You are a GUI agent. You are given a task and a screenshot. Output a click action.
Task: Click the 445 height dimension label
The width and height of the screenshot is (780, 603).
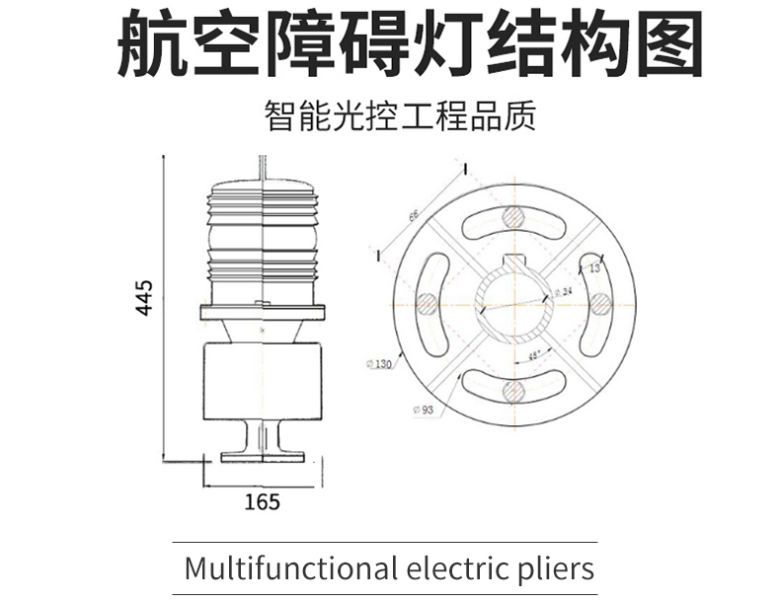pyautogui.click(x=144, y=297)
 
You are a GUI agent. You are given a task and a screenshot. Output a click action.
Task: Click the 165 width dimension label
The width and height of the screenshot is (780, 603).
pyautogui.click(x=262, y=501)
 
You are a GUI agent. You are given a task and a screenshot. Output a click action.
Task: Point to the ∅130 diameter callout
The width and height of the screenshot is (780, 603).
pyautogui.click(x=378, y=364)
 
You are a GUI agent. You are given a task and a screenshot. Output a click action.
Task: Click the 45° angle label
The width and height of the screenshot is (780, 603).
pyautogui.click(x=533, y=357)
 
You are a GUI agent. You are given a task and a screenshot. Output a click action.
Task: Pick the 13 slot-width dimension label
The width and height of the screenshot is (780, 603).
pyautogui.click(x=594, y=267)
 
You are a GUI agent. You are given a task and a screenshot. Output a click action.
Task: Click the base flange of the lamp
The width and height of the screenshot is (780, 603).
pyautogui.click(x=262, y=456)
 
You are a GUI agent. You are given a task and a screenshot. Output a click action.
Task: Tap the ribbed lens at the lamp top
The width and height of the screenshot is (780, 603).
pyautogui.click(x=262, y=237)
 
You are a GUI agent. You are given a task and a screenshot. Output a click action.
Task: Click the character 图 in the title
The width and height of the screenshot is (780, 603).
pyautogui.click(x=667, y=44)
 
